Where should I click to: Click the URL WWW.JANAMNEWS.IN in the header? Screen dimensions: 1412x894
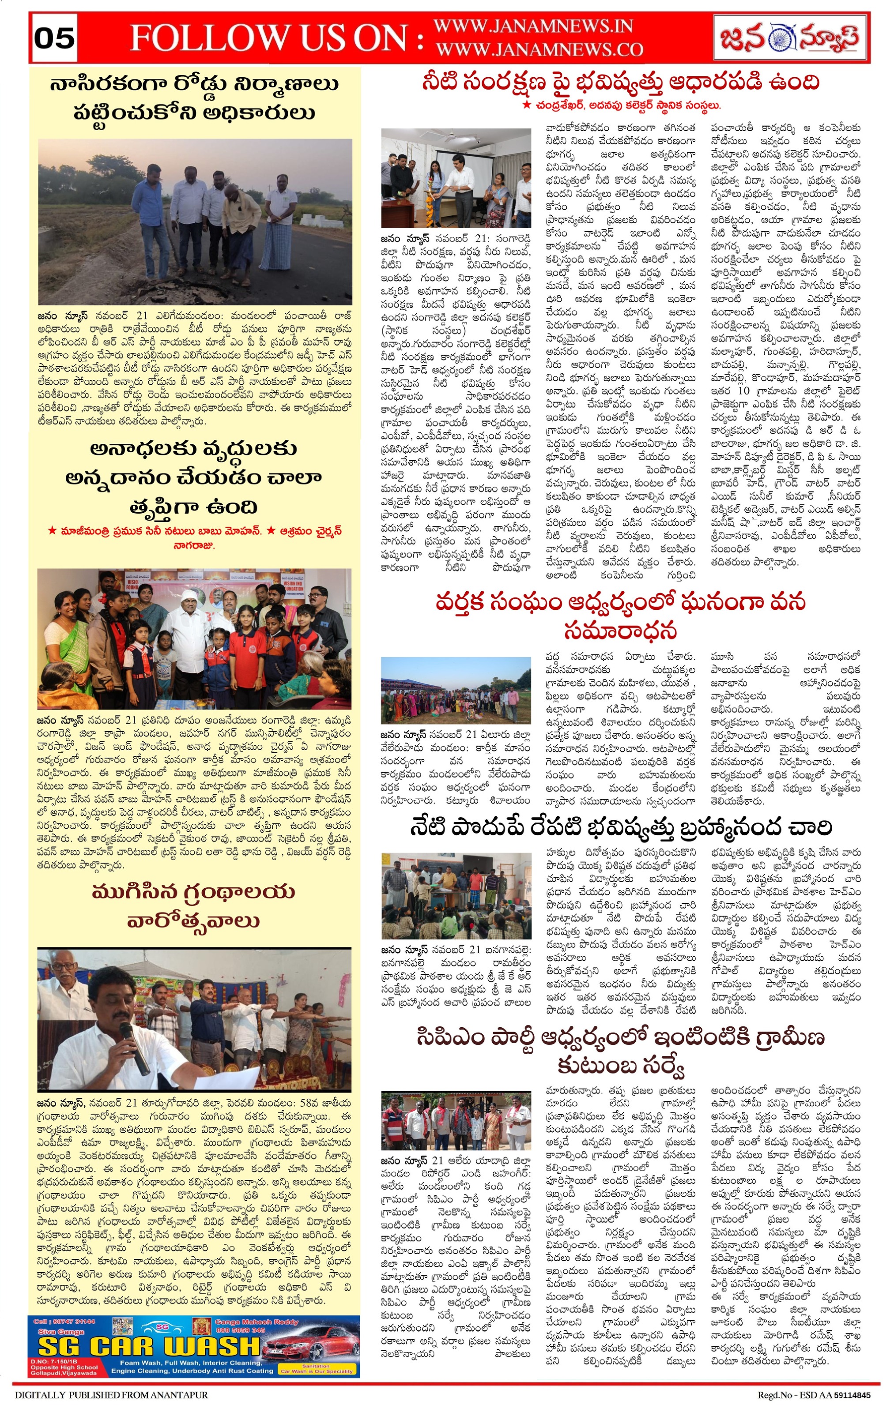(532, 26)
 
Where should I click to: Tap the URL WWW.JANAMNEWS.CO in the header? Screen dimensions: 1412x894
(539, 49)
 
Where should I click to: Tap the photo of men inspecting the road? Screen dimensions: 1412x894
(195, 221)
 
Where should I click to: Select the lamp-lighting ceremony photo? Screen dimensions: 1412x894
(455, 178)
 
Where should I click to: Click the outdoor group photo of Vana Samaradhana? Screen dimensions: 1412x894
(455, 690)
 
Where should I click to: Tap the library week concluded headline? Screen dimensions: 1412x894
(193, 906)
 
